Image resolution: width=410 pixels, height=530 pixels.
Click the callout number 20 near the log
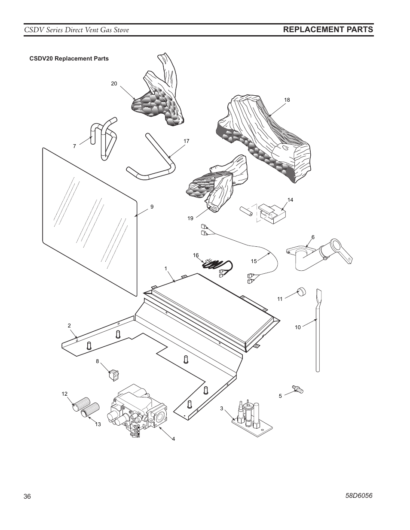click(114, 84)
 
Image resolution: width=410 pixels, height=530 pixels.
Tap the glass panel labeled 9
click(88, 221)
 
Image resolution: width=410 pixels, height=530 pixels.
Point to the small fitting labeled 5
click(297, 389)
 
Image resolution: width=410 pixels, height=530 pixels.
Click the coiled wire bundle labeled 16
click(217, 266)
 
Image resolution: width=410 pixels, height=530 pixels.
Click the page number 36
click(28, 497)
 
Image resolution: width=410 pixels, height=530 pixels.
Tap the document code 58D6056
click(359, 495)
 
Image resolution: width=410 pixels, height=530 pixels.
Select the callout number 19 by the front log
click(190, 218)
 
